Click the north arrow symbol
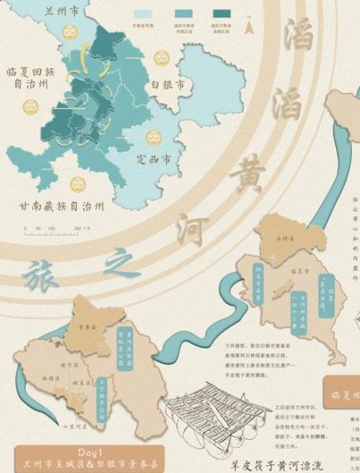coord(249,28)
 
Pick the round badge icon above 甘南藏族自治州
coord(77,184)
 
